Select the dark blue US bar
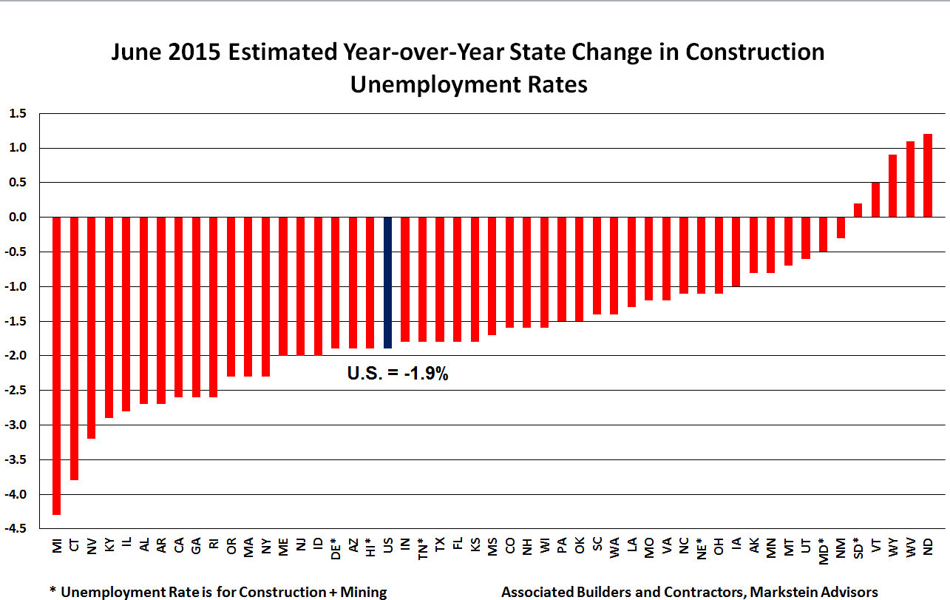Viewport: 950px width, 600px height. tap(387, 282)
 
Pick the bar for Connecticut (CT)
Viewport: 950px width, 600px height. tap(74, 348)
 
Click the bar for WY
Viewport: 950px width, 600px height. tap(892, 186)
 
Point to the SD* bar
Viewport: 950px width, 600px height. tap(858, 210)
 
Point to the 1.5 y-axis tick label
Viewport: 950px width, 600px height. tap(18, 113)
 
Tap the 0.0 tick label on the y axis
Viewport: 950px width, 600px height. tap(18, 218)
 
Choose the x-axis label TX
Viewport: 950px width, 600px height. tap(441, 545)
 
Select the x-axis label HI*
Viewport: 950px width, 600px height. tap(370, 547)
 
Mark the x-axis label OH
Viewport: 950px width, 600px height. tap(719, 546)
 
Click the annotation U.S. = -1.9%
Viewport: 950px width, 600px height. tap(398, 374)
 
